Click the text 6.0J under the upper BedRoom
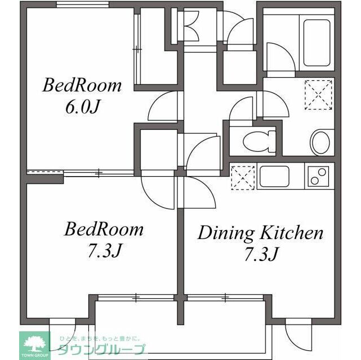pyautogui.click(x=82, y=107)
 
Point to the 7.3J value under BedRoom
pyautogui.click(x=103, y=250)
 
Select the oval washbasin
pyautogui.click(x=322, y=142)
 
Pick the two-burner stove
pyautogui.click(x=319, y=177)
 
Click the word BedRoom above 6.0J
pyautogui.click(x=82, y=86)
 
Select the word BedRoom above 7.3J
pyautogui.click(x=104, y=229)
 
